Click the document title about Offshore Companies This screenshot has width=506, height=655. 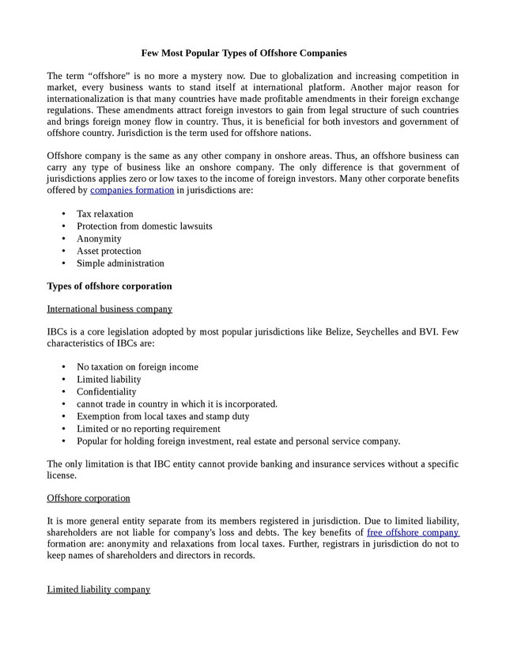(244, 53)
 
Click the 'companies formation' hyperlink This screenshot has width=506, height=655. (132, 190)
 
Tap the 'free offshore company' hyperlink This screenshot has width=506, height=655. (413, 532)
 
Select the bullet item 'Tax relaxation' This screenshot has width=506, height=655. (104, 214)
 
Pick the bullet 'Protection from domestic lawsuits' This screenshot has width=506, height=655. (144, 226)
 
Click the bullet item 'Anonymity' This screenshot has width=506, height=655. (99, 239)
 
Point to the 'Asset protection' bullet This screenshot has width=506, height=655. (108, 251)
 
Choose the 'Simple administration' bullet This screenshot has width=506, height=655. (120, 263)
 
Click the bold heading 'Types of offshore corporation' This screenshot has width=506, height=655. (109, 286)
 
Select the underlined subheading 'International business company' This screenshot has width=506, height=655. (109, 309)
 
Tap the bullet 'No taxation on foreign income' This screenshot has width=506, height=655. (137, 367)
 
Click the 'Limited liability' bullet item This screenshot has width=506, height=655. (108, 380)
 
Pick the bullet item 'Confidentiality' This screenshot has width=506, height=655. (106, 392)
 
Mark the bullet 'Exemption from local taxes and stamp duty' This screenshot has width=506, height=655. (162, 416)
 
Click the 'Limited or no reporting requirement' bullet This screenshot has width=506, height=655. (148, 429)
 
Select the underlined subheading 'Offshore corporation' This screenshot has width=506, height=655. (89, 498)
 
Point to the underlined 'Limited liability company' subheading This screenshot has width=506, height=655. (98, 589)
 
